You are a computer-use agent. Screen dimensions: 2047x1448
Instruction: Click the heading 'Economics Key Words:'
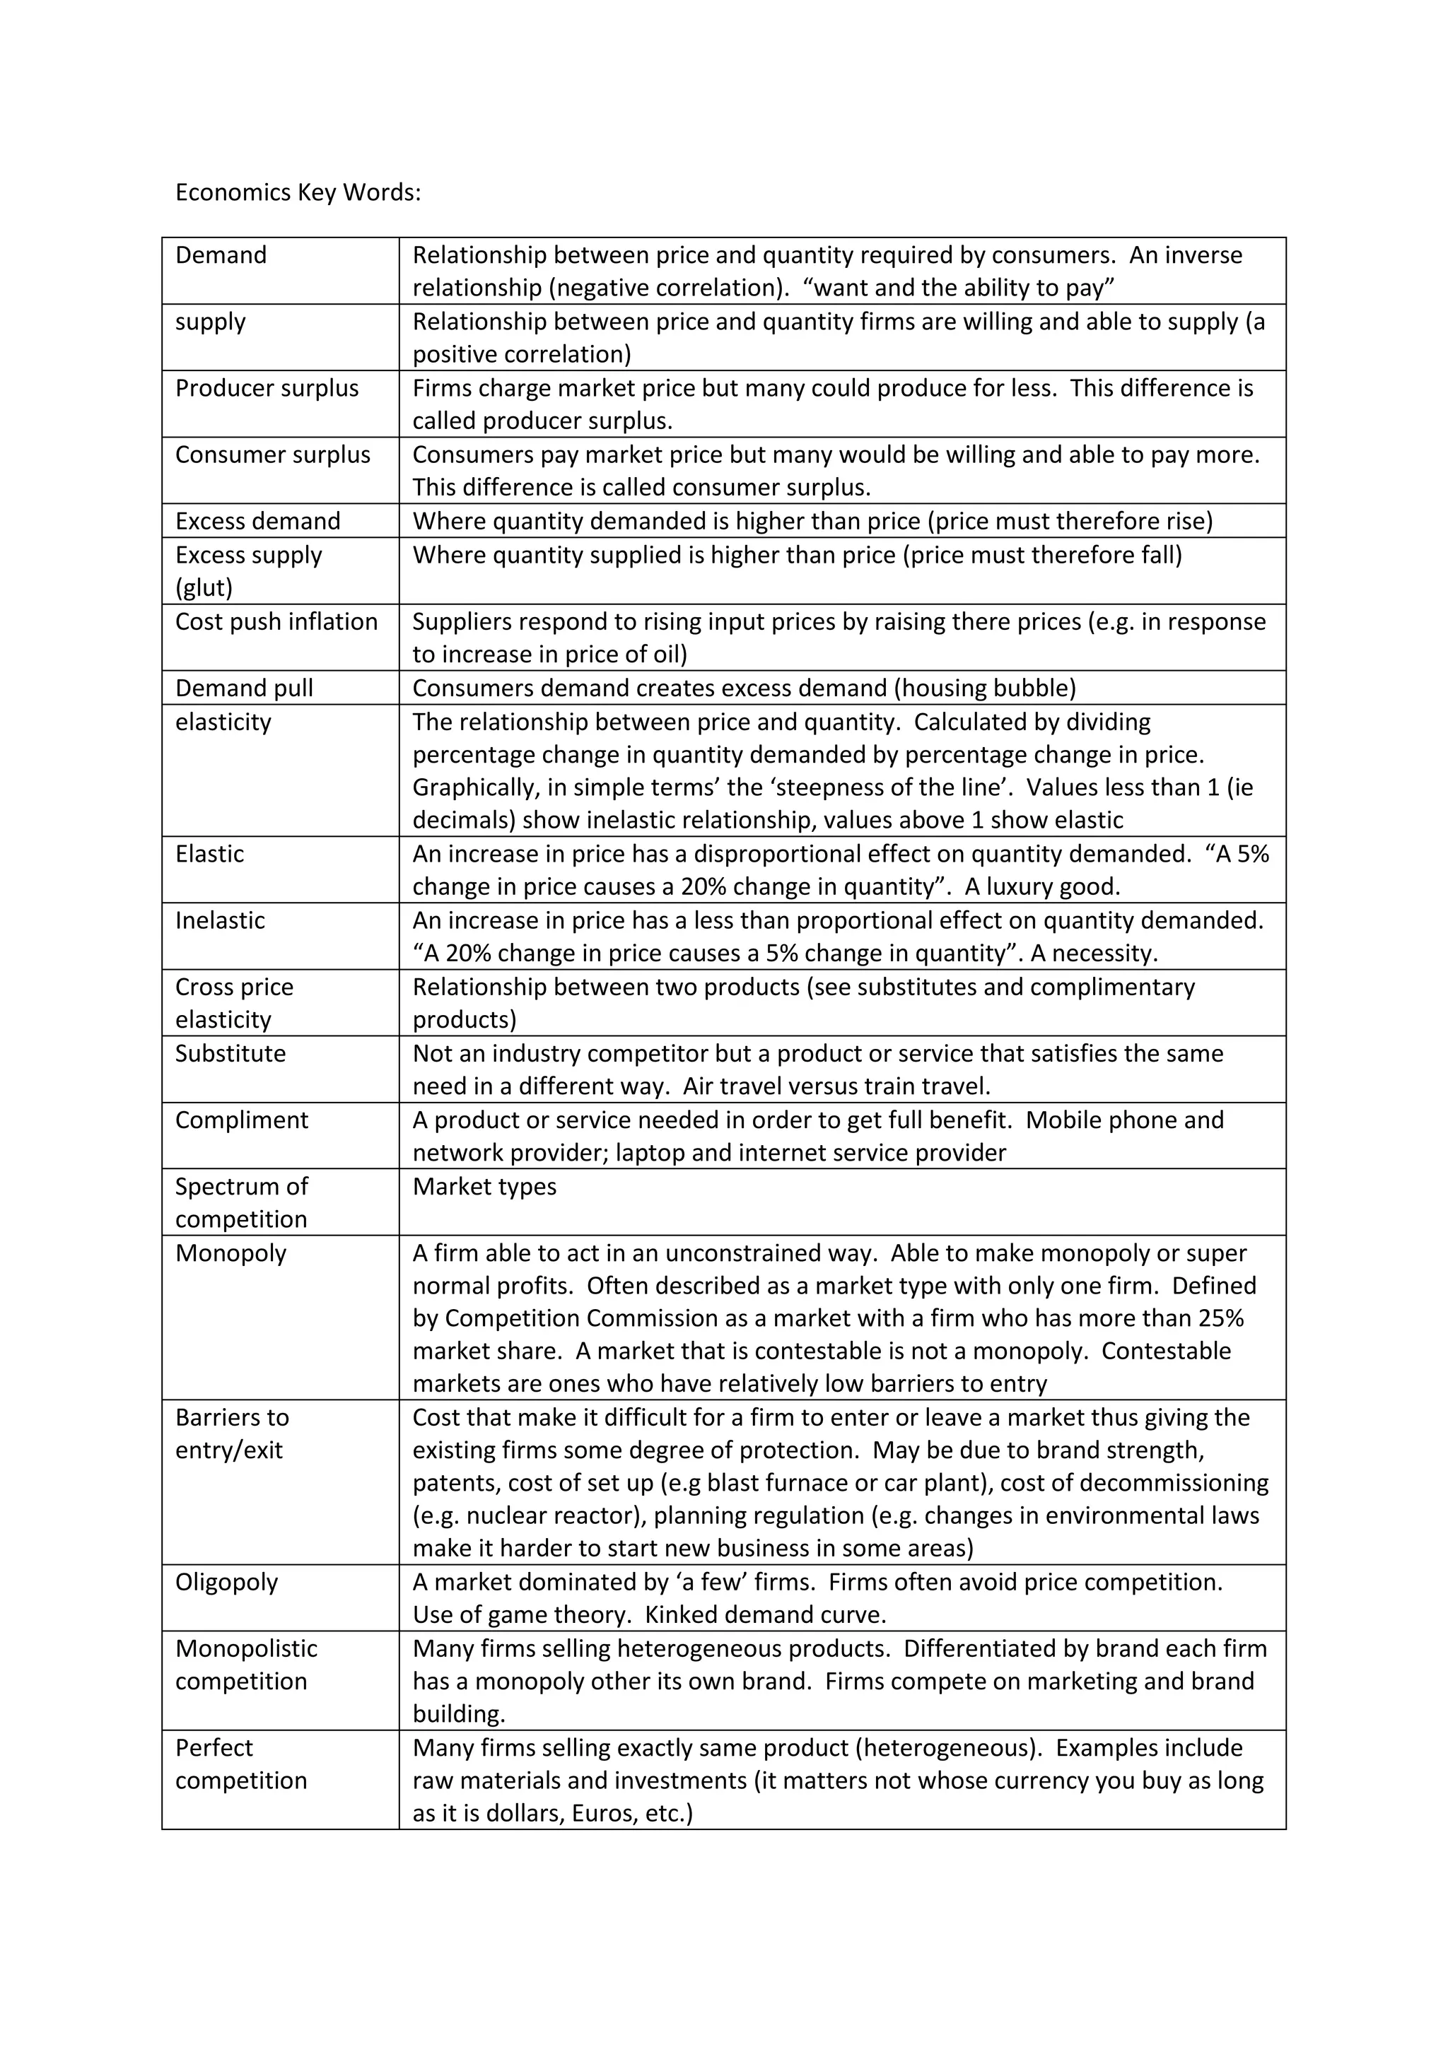[298, 192]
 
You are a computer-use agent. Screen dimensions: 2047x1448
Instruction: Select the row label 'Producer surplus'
[267, 389]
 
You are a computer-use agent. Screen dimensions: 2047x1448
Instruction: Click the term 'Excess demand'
[257, 522]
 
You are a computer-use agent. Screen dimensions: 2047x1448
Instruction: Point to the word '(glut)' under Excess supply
[204, 587]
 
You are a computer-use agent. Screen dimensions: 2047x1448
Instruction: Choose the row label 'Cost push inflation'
[276, 621]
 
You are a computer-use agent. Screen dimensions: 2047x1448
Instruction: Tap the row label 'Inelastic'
[220, 920]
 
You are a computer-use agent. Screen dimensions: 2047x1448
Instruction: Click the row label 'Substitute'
[230, 1054]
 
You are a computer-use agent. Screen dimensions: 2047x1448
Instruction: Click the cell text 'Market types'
[484, 1187]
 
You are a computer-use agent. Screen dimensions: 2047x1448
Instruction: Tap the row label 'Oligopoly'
[226, 1583]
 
